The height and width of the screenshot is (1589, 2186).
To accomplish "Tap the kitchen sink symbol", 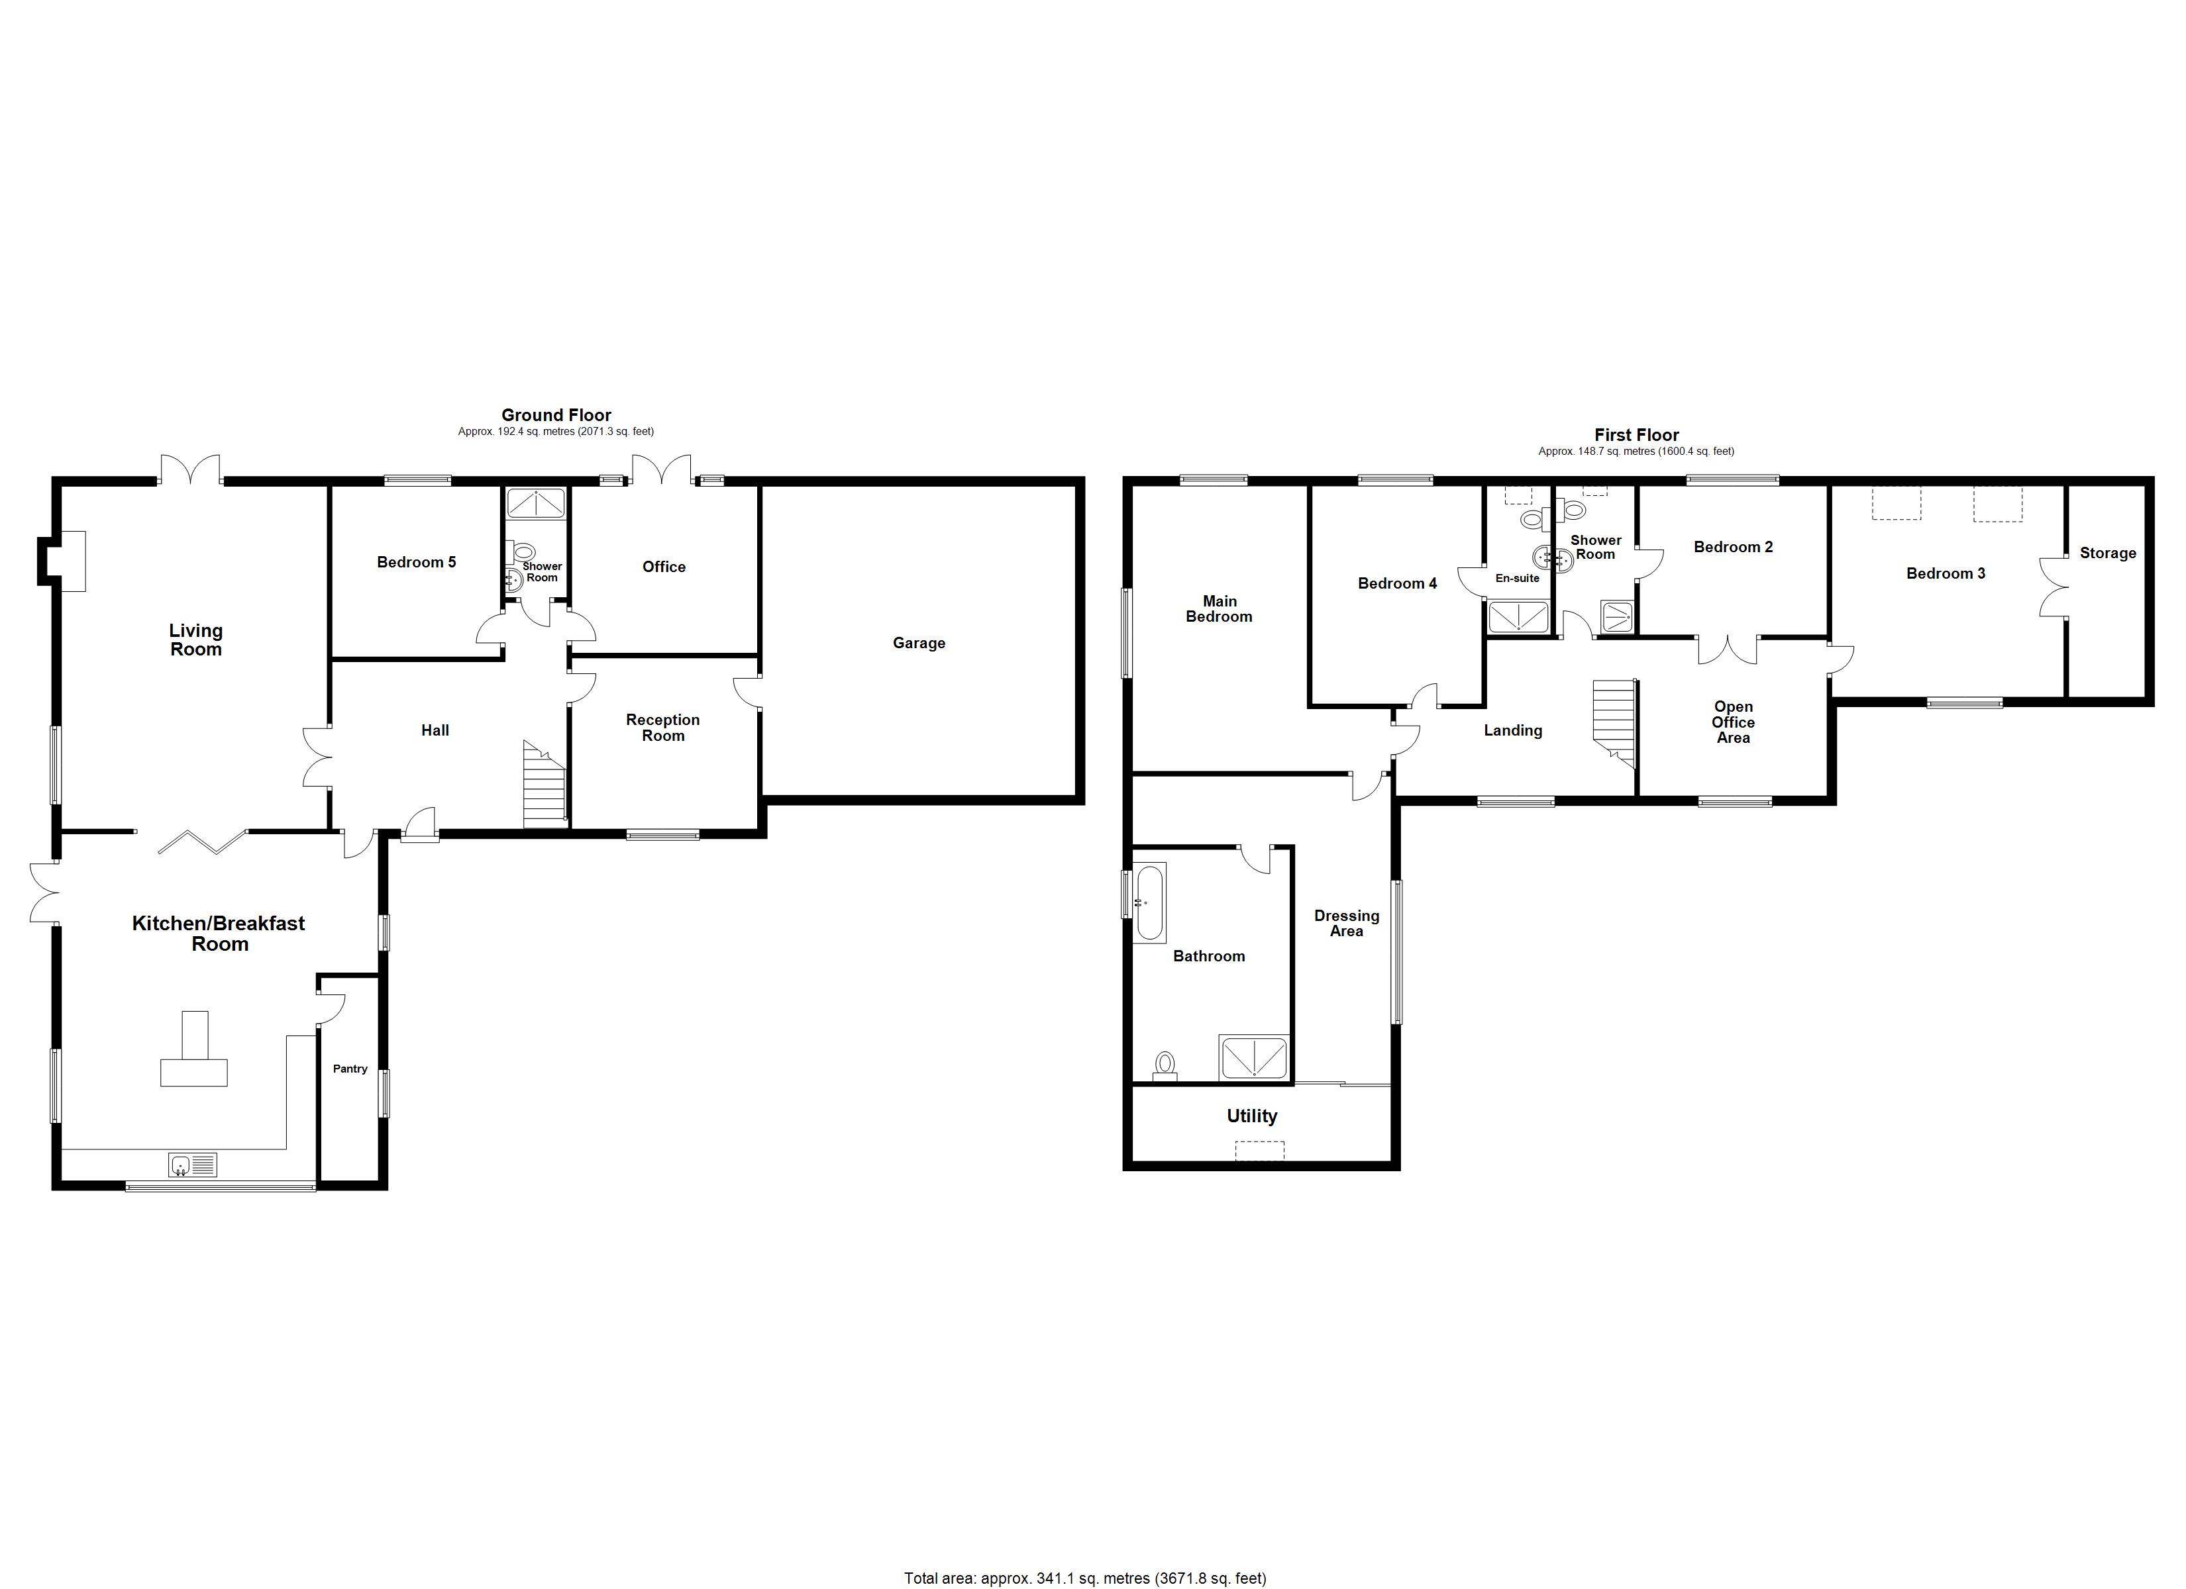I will (193, 1165).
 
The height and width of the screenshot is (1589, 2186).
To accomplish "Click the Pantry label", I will (350, 1069).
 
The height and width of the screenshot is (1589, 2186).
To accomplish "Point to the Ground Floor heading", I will (556, 415).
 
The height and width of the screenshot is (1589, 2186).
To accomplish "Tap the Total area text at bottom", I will (1084, 1578).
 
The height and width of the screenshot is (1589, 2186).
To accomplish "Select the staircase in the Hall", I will (545, 785).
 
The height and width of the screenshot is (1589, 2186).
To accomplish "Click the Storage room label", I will (2107, 553).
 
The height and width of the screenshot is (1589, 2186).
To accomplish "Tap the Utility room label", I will (1251, 1116).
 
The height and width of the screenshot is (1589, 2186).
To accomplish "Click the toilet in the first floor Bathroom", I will (1165, 1065).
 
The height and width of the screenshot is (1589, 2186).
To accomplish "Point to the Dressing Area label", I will (1347, 923).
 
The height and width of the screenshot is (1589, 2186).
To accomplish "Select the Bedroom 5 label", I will (417, 562).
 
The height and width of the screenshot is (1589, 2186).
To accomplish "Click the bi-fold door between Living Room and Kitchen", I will (203, 842).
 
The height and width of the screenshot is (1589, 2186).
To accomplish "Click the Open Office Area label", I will (1732, 722).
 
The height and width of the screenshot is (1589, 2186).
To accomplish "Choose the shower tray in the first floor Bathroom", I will (1253, 1057).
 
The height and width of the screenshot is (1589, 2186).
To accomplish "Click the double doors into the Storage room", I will (2052, 587).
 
